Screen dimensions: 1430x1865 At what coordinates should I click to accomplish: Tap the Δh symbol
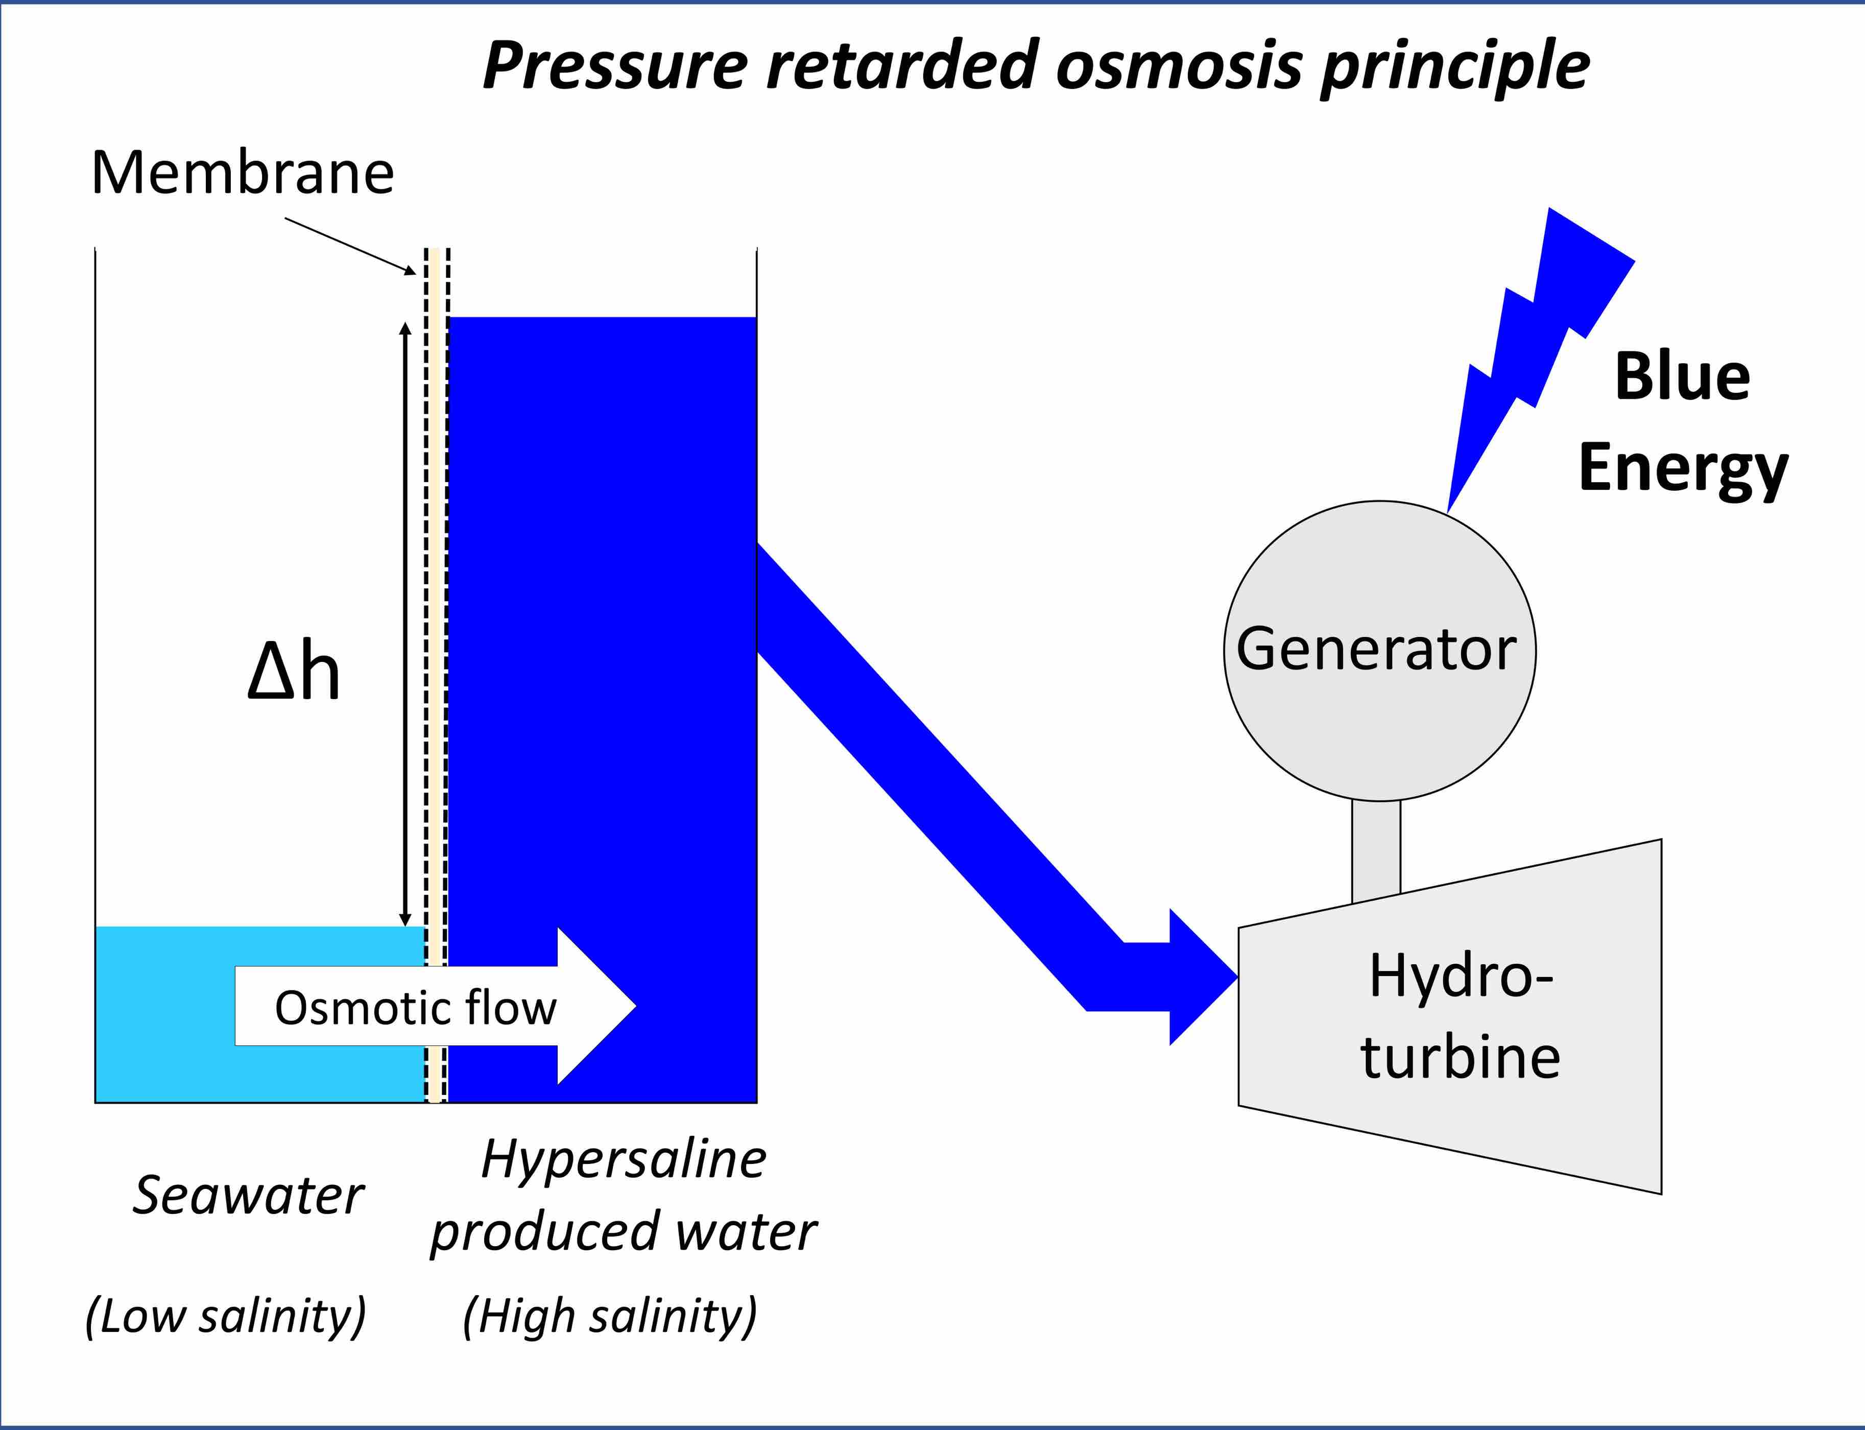coord(294,673)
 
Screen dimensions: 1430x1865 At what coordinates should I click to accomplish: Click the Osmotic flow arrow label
coord(415,1008)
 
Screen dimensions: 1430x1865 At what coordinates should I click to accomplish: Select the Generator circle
coord(1379,651)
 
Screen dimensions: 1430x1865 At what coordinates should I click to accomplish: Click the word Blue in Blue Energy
coord(1682,376)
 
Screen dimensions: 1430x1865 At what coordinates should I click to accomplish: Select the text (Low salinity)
coord(226,1316)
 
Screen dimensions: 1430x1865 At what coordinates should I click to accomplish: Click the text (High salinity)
coord(609,1316)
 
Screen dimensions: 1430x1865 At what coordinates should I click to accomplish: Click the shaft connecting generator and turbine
coord(1376,851)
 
